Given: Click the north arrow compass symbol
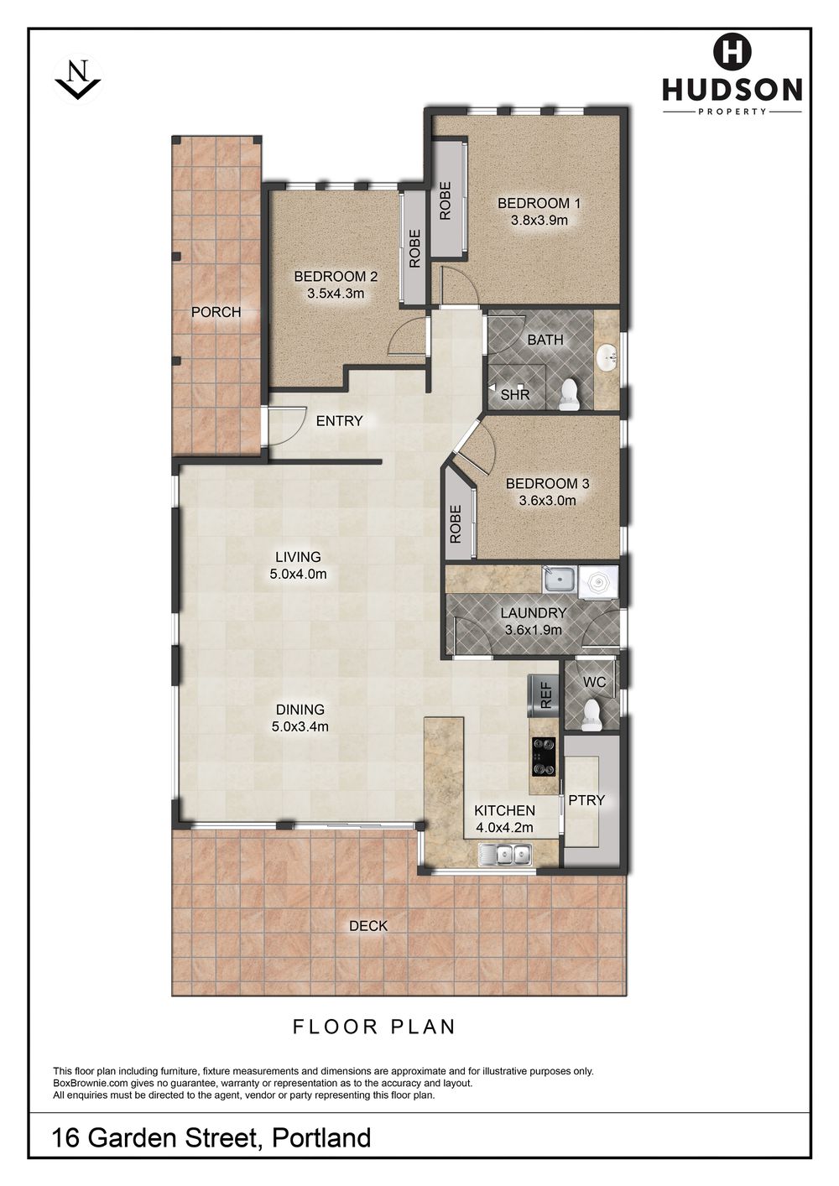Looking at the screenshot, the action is click(78, 78).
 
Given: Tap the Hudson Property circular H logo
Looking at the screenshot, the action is click(732, 51).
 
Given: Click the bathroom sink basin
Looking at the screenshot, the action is click(607, 359).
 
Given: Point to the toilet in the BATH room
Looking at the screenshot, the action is click(569, 394).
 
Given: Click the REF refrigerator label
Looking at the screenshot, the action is click(546, 695).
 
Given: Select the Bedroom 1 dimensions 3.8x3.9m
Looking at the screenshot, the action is click(539, 221).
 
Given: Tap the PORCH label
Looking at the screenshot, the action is click(216, 312).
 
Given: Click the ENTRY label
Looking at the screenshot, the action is click(339, 421).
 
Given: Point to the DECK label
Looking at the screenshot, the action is click(368, 925).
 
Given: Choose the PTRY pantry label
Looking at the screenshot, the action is click(586, 800).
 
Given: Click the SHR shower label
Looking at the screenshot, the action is click(515, 394).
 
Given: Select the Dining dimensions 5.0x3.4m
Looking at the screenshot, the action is click(300, 726).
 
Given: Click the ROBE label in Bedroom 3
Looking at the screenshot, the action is click(456, 523).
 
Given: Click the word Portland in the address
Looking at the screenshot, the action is click(321, 1137).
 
